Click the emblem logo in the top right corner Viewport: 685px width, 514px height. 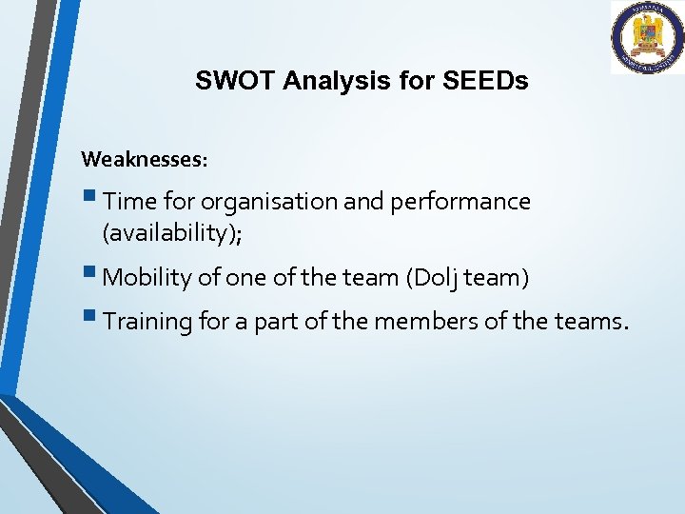click(x=647, y=37)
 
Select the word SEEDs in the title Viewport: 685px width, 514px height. click(x=485, y=81)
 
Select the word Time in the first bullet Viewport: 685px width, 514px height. click(x=127, y=202)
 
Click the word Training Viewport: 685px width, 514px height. click(x=147, y=322)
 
